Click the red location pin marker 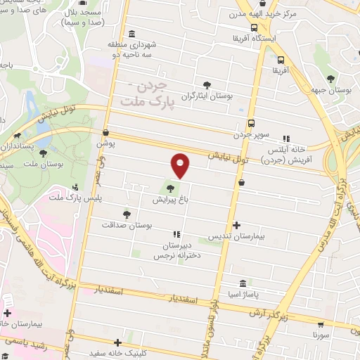[181, 165]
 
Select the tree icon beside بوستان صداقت [127, 214]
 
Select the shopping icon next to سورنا [321, 326]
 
